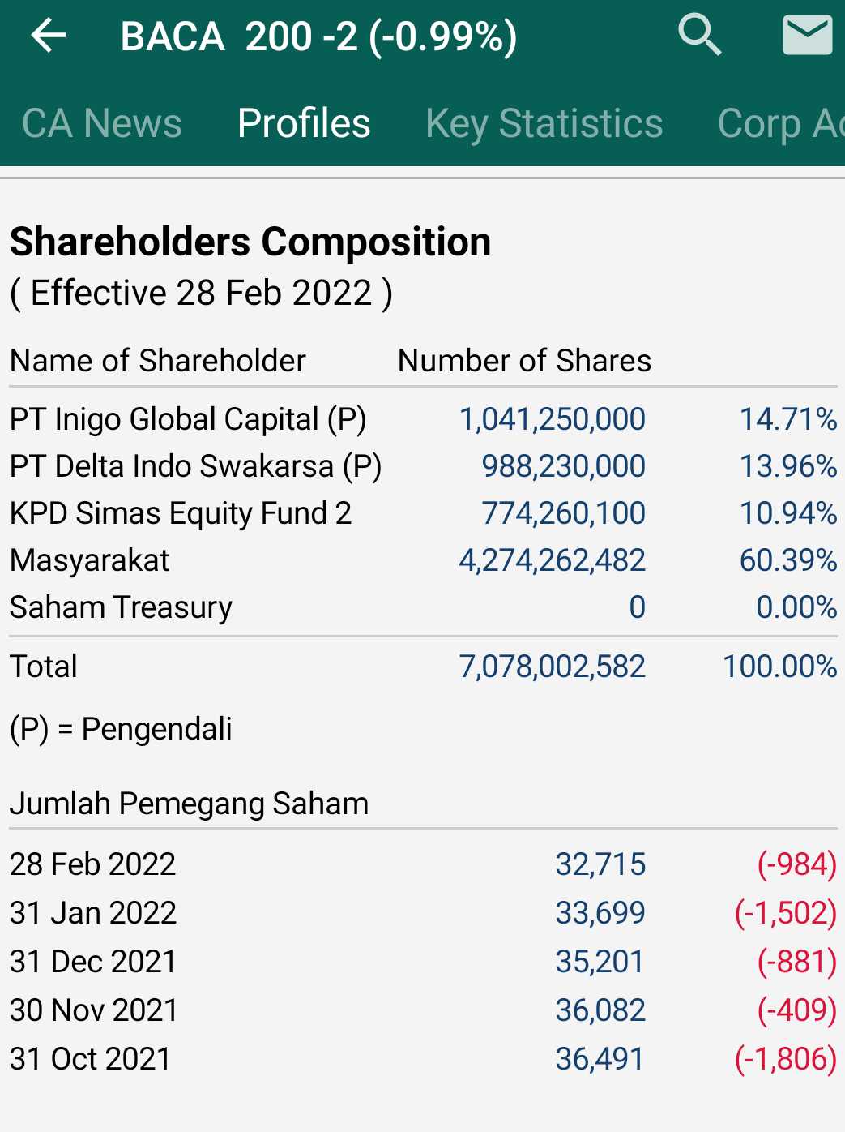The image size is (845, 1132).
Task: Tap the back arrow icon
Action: [49, 36]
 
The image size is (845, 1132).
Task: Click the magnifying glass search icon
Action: [699, 36]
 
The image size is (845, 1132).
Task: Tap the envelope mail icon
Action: [807, 36]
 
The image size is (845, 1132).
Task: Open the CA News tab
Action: [102, 123]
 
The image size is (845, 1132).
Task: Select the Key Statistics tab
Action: [544, 123]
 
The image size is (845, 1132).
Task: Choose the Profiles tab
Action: [304, 123]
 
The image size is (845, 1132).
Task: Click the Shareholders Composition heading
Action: [250, 242]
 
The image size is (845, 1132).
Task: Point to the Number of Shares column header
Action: [524, 361]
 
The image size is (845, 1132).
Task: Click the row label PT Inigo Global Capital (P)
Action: [188, 419]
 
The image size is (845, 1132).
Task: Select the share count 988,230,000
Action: [563, 466]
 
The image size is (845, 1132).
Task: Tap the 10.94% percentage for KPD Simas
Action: [787, 513]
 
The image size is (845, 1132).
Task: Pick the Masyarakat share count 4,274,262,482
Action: [552, 560]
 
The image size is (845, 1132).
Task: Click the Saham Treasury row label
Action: [121, 607]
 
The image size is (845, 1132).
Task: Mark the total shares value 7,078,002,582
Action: [552, 667]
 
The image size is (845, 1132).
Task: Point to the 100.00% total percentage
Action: [779, 667]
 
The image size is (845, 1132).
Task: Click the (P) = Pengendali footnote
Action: [121, 729]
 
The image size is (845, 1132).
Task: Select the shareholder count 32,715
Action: [600, 864]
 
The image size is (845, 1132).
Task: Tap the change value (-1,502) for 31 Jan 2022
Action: [785, 913]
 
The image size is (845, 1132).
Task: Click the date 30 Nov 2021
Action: [94, 1010]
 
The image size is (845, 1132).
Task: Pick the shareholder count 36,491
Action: [600, 1059]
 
